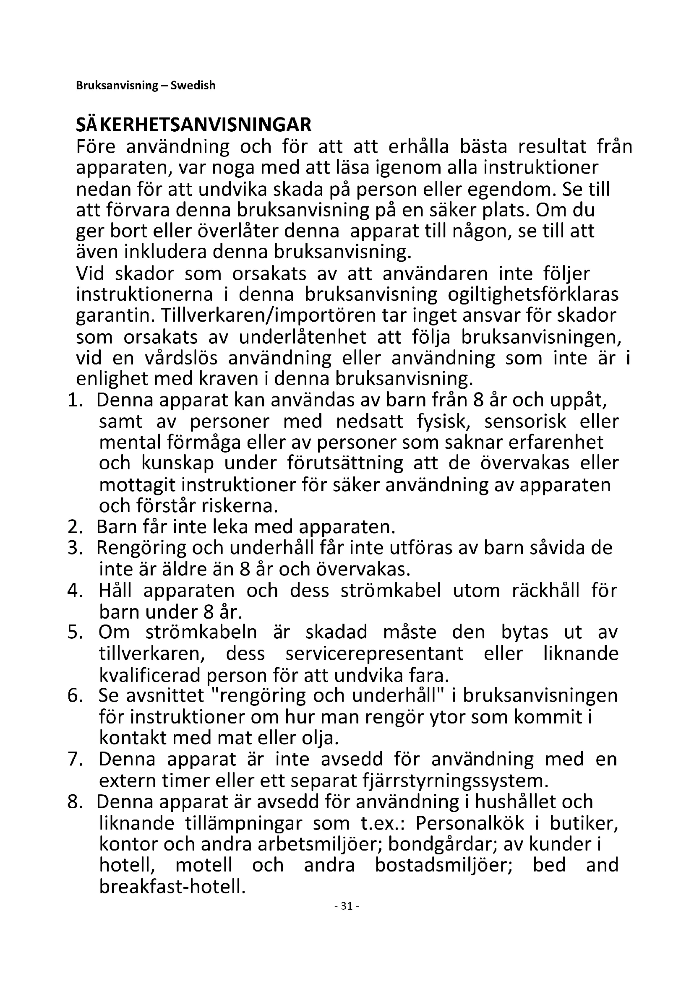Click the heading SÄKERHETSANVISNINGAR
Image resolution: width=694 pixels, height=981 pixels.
coord(193,125)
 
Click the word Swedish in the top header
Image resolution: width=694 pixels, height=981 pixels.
coord(193,86)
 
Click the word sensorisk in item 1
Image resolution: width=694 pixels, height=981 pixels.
coord(525,422)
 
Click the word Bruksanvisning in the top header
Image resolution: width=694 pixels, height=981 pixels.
coord(117,86)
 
